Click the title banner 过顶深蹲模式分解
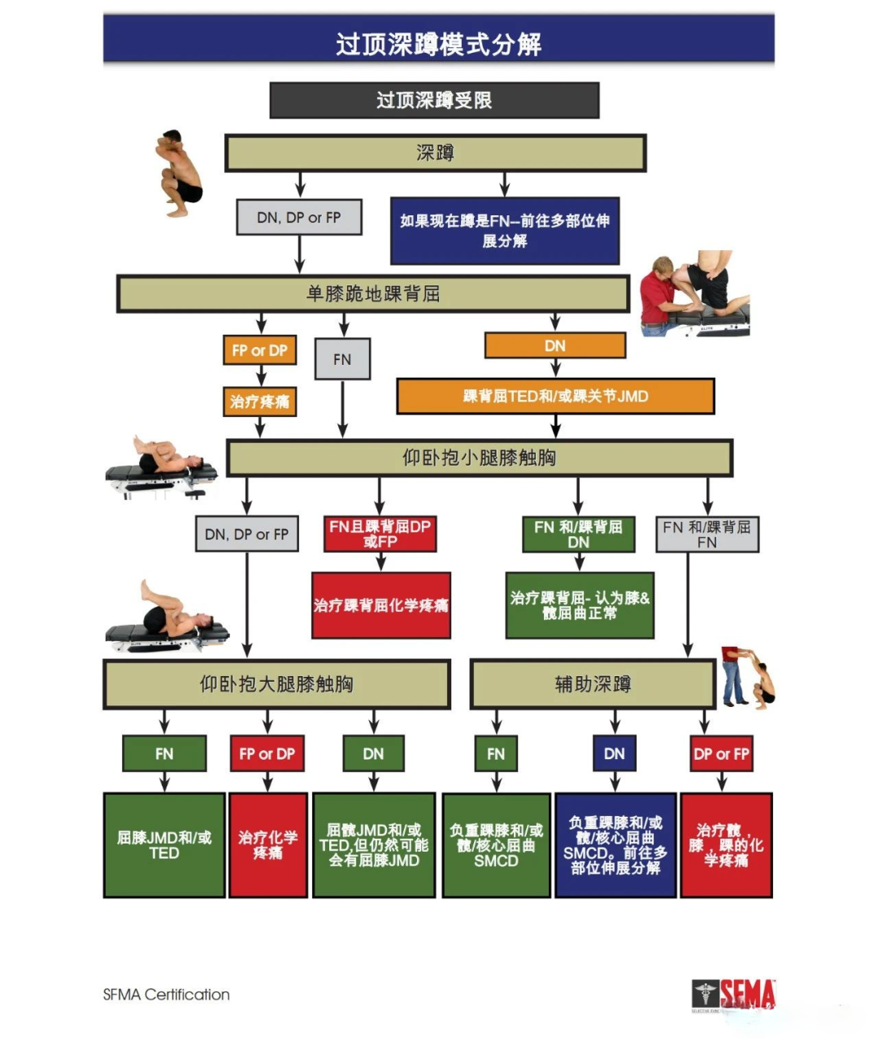(438, 42)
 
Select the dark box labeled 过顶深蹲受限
(434, 100)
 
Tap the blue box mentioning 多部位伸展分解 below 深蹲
(505, 231)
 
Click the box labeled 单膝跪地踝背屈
(373, 293)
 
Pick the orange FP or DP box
(259, 350)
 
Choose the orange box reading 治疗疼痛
(259, 401)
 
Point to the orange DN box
(555, 345)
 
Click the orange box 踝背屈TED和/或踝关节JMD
(555, 397)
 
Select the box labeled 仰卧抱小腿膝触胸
(479, 458)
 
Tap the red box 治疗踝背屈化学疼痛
(380, 605)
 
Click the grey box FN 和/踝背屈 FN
(707, 534)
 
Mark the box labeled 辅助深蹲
(593, 684)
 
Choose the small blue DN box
(615, 753)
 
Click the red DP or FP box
(721, 753)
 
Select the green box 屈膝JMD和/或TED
(164, 845)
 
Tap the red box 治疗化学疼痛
(267, 845)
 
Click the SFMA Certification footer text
(167, 995)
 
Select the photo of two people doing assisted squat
(747, 677)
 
